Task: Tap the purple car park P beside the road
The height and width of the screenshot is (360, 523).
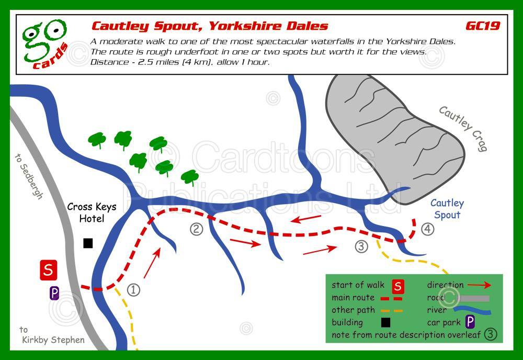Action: tap(54, 293)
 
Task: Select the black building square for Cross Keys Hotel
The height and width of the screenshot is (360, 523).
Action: tap(88, 243)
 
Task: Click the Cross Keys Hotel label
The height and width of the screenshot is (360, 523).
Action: tap(92, 212)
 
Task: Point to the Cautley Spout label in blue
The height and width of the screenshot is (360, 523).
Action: tap(447, 209)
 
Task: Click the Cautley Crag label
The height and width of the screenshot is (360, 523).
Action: tap(463, 128)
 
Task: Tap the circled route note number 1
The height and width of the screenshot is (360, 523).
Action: tap(134, 289)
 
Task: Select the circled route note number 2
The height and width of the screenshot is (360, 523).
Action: tap(196, 229)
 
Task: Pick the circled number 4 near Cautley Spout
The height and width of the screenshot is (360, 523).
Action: tap(428, 229)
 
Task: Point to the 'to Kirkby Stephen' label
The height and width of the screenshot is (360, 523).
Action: tap(52, 335)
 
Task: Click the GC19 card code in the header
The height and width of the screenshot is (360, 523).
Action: tap(482, 26)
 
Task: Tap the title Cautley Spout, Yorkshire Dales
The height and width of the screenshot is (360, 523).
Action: tap(210, 26)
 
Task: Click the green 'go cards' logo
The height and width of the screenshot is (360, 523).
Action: tap(45, 44)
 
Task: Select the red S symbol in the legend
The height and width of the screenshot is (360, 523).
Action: tap(399, 286)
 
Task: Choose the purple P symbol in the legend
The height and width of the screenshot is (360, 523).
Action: tap(470, 321)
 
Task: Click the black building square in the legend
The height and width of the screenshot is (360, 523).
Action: tap(386, 322)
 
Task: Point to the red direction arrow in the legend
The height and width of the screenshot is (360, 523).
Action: tap(479, 285)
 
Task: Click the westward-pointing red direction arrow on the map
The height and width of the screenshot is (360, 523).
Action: tap(307, 218)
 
